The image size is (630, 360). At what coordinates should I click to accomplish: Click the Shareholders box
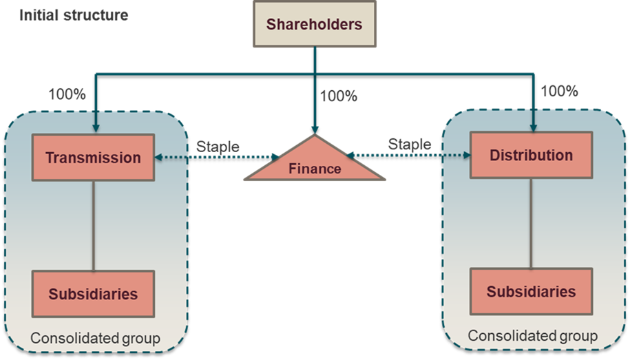[315, 24]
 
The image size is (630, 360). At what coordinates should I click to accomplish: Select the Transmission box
[93, 158]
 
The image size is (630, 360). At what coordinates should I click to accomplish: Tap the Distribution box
[531, 155]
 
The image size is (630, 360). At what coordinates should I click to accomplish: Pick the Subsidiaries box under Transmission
[93, 294]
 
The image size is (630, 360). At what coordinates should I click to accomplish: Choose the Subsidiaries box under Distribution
[531, 291]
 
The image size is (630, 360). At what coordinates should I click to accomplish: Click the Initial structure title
[74, 14]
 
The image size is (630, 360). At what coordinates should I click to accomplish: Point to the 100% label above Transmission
[67, 94]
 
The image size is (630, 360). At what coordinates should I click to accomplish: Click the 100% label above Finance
[339, 96]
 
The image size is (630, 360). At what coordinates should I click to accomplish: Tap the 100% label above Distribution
[559, 91]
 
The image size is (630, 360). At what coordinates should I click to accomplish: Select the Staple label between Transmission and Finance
[218, 146]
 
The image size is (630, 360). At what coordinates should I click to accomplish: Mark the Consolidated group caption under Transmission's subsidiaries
[95, 338]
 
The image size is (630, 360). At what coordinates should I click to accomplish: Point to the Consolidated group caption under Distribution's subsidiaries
[532, 336]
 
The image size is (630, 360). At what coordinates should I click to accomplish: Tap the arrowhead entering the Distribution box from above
[533, 126]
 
